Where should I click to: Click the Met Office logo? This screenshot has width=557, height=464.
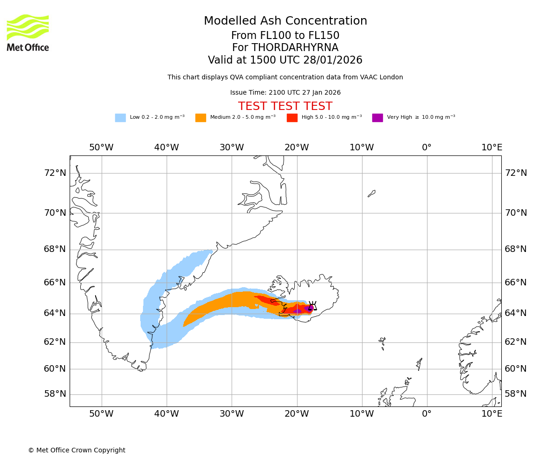[28, 32]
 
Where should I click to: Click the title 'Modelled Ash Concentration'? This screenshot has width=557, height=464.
[285, 21]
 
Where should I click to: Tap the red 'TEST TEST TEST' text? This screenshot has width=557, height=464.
[285, 106]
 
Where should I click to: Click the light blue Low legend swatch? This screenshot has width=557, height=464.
[120, 118]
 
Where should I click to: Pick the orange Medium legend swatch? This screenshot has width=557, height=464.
[201, 118]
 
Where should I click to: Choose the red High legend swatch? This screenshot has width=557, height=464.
[292, 118]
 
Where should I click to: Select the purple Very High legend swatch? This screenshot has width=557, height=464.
[377, 118]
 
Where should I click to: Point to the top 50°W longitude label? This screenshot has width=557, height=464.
[101, 148]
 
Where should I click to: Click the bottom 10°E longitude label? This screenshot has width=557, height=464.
[492, 414]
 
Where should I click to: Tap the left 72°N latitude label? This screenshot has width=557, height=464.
[55, 173]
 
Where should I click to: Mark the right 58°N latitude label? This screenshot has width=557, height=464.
[516, 394]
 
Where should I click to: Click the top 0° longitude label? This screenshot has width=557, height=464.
[427, 148]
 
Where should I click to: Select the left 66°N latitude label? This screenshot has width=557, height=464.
[55, 282]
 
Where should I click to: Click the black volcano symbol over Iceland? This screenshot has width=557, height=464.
[312, 306]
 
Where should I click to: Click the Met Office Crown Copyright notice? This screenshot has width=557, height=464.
[77, 450]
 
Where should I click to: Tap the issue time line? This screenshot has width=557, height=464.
[285, 93]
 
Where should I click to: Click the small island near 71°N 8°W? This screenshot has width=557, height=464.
[372, 193]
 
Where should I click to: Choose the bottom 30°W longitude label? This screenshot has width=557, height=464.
[231, 414]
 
